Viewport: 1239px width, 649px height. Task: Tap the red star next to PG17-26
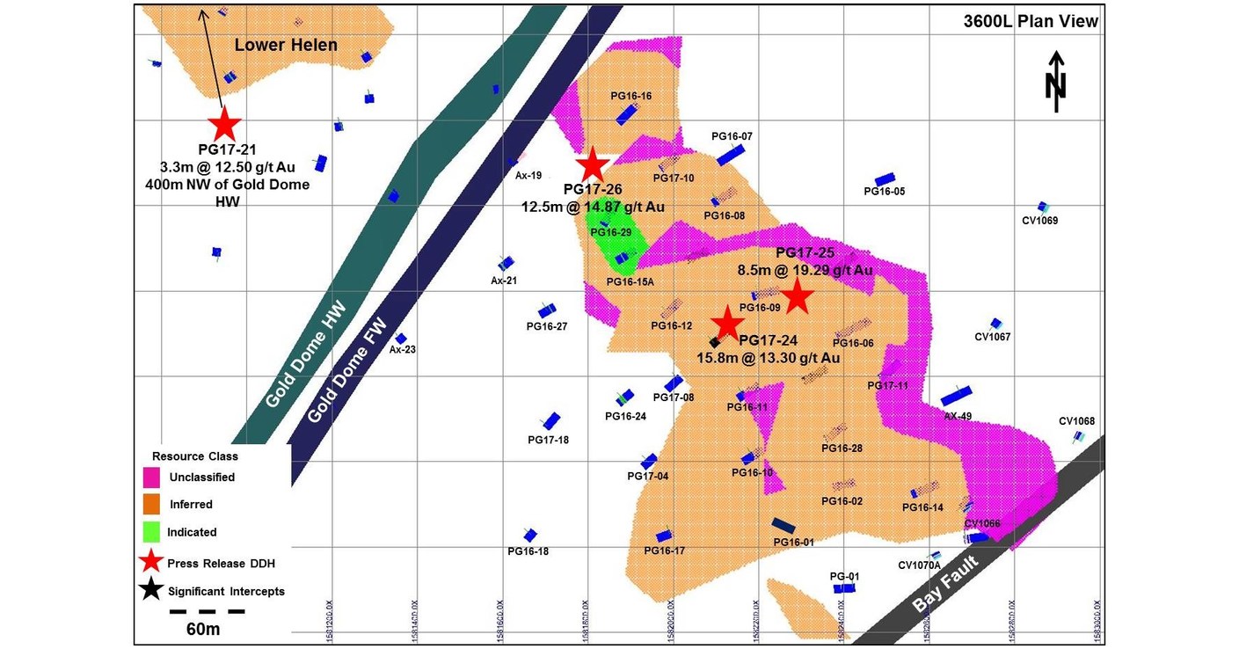(593, 164)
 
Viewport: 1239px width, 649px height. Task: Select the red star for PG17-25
(797, 297)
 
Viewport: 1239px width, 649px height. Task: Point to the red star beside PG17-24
(727, 323)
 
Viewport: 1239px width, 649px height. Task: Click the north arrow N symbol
(1056, 81)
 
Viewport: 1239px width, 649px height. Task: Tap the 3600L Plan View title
(1031, 22)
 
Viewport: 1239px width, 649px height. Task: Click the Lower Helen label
(286, 45)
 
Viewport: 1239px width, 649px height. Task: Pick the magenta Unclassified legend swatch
(152, 478)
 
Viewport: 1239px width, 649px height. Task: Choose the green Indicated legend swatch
(152, 532)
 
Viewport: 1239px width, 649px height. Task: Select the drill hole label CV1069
(1039, 221)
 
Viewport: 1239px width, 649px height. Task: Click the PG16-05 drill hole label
(884, 191)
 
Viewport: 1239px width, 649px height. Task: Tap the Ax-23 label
(403, 349)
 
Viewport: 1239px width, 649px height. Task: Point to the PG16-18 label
(528, 551)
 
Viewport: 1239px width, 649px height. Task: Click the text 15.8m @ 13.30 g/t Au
(769, 358)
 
